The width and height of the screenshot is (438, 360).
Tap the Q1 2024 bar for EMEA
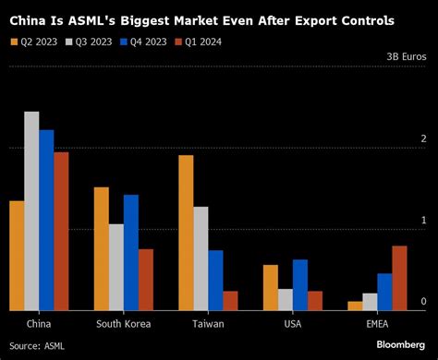point(399,278)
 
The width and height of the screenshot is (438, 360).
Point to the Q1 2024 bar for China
point(61,231)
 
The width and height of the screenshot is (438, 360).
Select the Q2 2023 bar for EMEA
point(355,305)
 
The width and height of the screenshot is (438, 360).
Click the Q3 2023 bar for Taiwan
point(201,258)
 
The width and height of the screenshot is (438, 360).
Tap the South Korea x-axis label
point(124,324)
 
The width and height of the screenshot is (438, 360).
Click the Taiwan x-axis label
point(208,324)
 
